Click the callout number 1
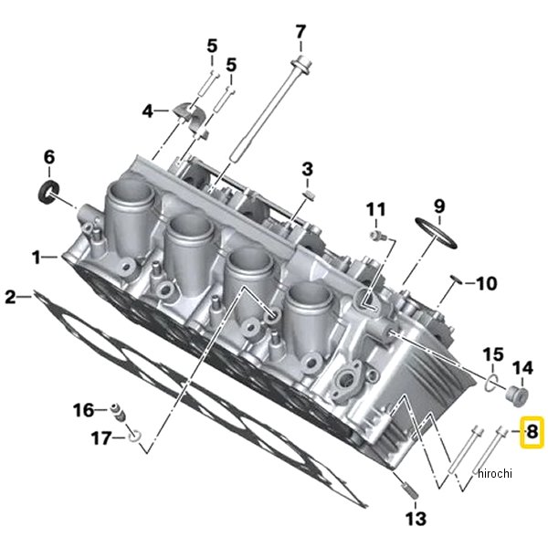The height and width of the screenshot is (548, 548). (37, 258)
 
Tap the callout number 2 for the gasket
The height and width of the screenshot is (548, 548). (11, 297)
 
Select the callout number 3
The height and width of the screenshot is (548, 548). (308, 169)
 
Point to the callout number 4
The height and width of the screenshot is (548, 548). (148, 112)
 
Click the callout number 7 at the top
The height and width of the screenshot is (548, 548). (300, 34)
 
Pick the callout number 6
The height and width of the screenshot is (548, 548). (48, 158)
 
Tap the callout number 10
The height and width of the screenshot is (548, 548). (486, 284)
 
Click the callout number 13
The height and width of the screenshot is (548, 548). (416, 520)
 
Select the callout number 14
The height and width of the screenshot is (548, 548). (521, 369)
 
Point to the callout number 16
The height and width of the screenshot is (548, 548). (83, 409)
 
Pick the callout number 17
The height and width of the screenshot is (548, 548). (83, 438)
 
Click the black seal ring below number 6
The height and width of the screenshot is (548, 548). (46, 192)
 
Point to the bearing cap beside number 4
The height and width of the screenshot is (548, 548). (192, 114)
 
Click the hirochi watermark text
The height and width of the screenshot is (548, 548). (493, 472)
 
